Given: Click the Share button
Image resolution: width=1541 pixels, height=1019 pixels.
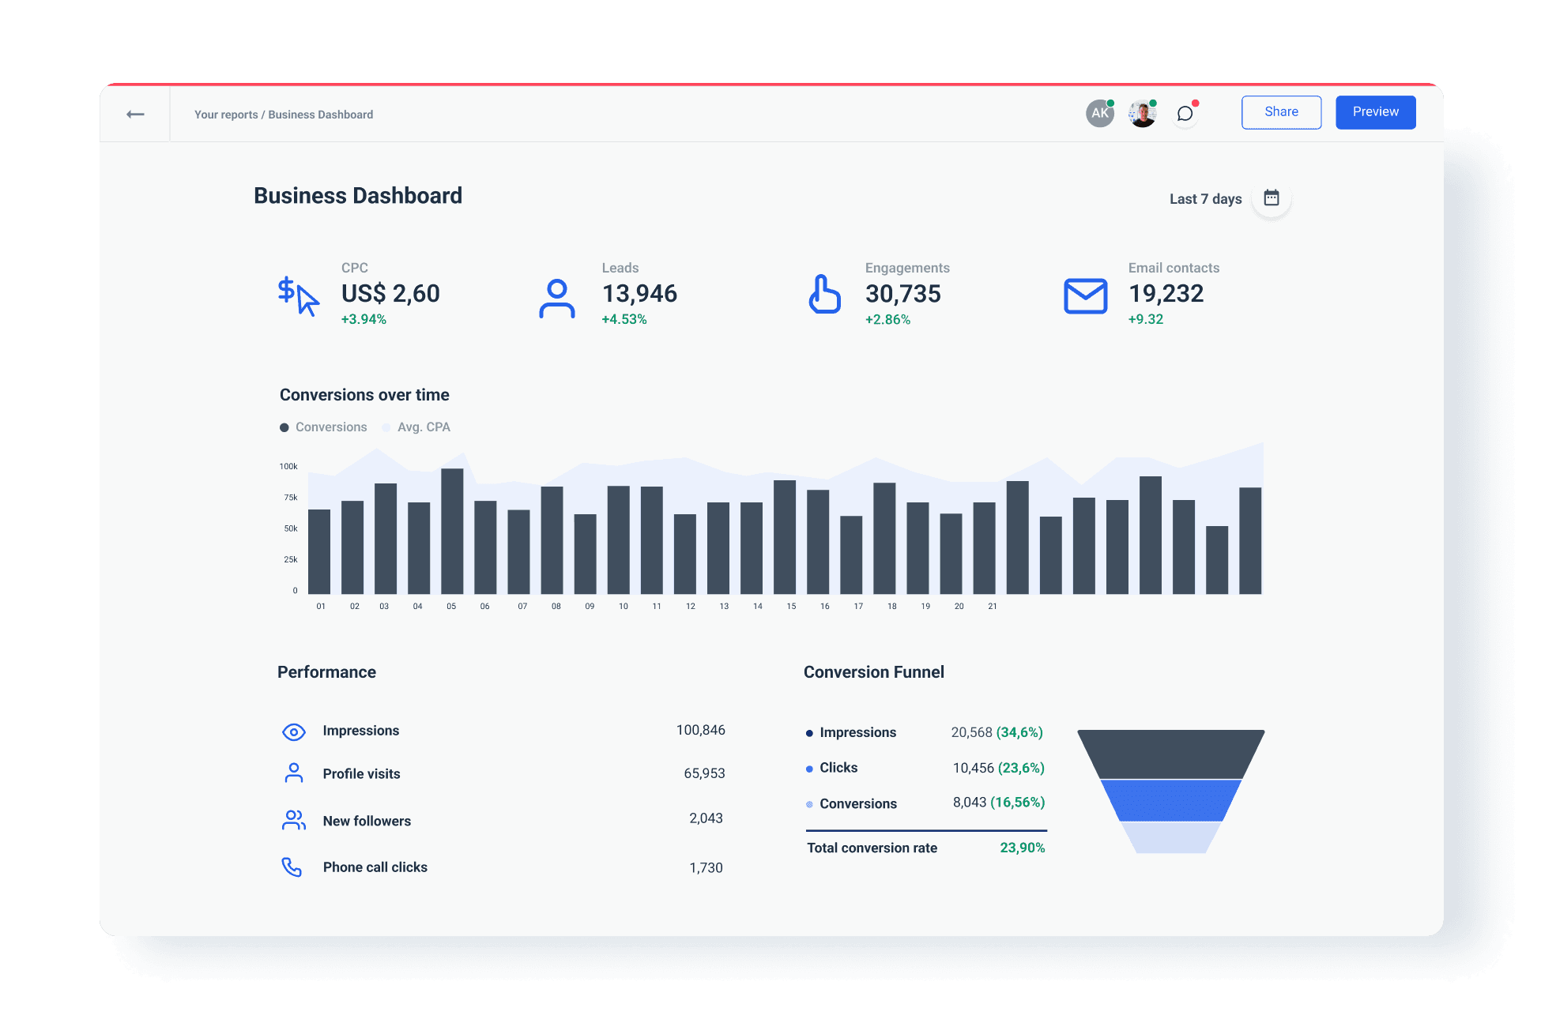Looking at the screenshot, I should click(1281, 112).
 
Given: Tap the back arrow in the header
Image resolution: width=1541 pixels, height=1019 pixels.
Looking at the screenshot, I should click(135, 115).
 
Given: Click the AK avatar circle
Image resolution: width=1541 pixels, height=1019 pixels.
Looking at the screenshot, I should click(1099, 114).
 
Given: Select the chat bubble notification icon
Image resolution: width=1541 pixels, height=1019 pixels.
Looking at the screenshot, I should click(1185, 114).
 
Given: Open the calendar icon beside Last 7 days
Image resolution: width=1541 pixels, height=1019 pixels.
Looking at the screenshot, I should click(1271, 197).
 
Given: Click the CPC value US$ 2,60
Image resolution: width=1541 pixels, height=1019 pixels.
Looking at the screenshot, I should click(390, 294).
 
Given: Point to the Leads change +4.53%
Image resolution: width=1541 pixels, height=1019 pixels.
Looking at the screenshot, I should click(624, 320).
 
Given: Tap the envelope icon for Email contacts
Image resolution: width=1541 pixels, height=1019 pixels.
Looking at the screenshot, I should click(1085, 295).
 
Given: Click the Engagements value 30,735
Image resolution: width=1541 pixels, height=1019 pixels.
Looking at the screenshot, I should click(902, 294).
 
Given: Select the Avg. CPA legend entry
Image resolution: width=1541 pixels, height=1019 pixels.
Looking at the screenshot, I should click(423, 427).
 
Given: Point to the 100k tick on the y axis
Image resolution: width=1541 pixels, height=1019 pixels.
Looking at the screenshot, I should click(288, 467).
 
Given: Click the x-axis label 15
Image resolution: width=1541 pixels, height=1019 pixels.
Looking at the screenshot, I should click(791, 607).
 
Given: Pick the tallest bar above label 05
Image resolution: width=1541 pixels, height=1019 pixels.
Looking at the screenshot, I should click(452, 529).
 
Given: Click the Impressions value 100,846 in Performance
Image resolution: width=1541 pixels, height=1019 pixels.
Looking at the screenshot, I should click(700, 730).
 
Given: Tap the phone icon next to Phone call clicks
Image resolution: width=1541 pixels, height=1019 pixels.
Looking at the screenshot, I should click(292, 867).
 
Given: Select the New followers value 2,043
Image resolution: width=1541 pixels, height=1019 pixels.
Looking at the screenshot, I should click(706, 818).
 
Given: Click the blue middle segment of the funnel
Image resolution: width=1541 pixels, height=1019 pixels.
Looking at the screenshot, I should click(1170, 800).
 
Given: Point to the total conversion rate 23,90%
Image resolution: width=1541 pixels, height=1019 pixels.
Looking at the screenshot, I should click(1022, 848).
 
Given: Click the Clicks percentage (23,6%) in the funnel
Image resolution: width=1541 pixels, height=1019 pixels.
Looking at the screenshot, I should click(1021, 768).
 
